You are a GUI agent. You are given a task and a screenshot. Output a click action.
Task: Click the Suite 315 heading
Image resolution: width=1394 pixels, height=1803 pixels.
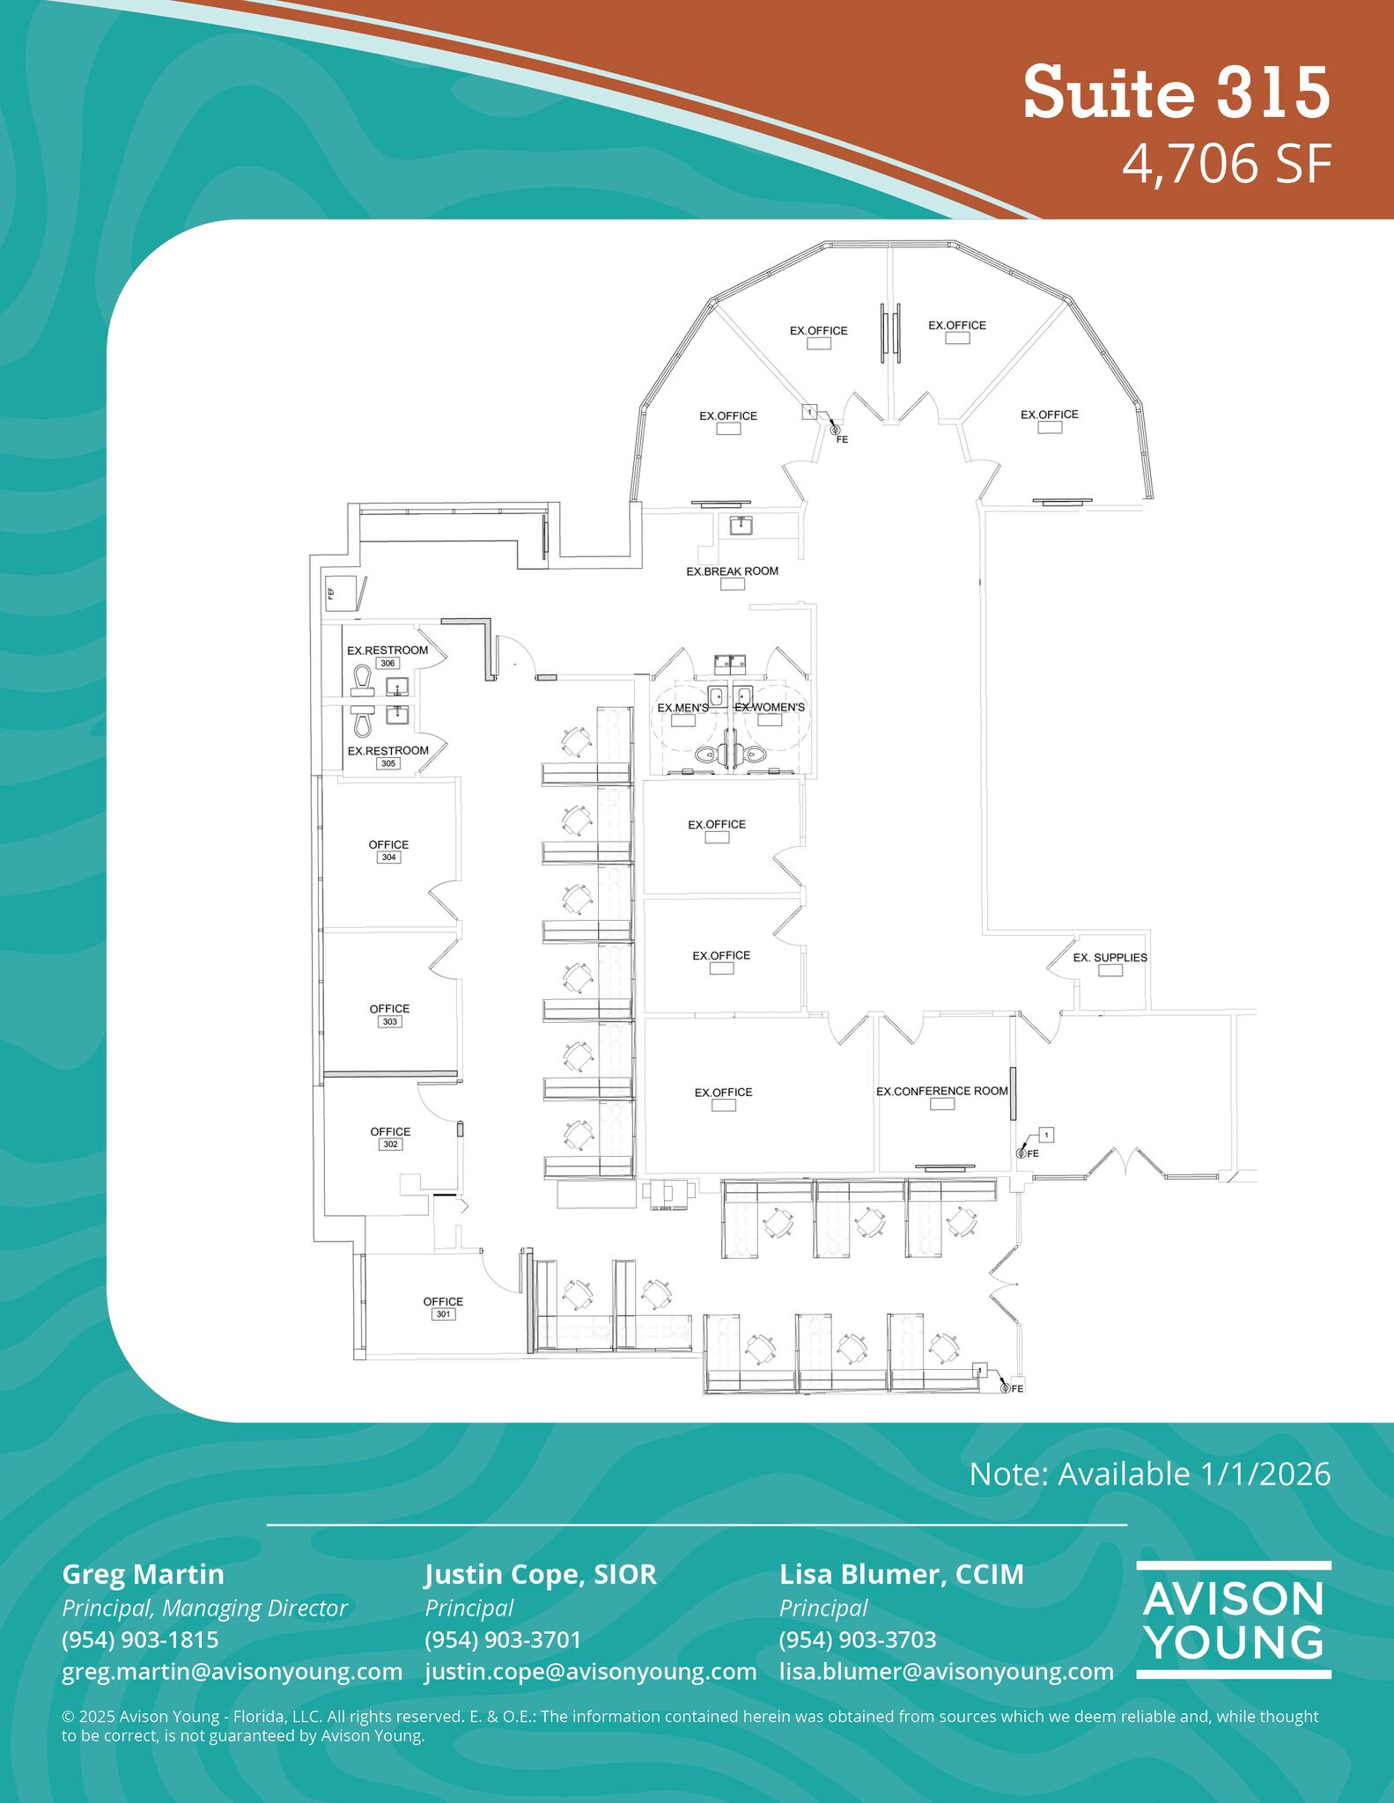click(1176, 92)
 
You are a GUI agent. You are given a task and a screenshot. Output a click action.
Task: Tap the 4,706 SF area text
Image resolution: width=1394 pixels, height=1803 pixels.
click(1225, 164)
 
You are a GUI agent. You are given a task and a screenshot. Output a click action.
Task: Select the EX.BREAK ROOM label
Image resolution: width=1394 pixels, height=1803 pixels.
click(732, 571)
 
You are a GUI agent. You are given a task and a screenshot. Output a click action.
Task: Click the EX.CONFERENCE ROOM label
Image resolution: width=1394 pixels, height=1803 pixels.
click(941, 1091)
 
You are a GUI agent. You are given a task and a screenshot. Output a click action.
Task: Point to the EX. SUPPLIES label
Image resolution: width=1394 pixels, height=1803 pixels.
click(1110, 957)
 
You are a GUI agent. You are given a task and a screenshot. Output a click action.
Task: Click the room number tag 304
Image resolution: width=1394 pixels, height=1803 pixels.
click(388, 857)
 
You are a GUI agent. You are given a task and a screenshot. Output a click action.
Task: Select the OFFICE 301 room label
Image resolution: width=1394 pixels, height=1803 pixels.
click(443, 1301)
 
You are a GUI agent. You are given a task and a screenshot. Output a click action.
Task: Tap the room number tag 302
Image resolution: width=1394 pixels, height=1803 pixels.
click(390, 1144)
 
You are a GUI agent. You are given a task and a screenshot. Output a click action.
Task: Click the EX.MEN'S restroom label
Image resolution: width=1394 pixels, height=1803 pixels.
click(682, 708)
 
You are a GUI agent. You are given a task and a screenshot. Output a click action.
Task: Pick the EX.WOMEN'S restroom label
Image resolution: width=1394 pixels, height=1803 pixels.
click(770, 707)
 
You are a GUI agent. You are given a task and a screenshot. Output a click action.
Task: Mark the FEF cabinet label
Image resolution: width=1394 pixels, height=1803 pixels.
click(332, 592)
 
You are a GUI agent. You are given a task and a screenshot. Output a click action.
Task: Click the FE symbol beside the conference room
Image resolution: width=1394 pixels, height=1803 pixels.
click(1022, 1153)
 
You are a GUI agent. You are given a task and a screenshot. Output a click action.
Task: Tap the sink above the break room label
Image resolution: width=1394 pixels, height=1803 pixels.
click(741, 526)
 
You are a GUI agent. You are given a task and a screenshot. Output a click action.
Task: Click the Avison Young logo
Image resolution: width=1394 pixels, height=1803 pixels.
click(1233, 1620)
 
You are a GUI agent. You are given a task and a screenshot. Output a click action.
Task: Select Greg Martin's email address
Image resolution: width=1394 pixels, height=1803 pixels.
click(232, 1671)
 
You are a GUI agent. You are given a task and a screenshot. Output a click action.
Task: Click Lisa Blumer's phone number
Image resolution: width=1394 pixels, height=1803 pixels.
click(857, 1639)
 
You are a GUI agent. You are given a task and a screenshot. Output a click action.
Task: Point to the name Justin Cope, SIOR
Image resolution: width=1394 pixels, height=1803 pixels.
click(540, 1574)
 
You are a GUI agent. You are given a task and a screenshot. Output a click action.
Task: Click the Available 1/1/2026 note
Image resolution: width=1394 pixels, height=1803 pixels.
click(1149, 1474)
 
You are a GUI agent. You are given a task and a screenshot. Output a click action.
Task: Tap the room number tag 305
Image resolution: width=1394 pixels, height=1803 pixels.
click(388, 763)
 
